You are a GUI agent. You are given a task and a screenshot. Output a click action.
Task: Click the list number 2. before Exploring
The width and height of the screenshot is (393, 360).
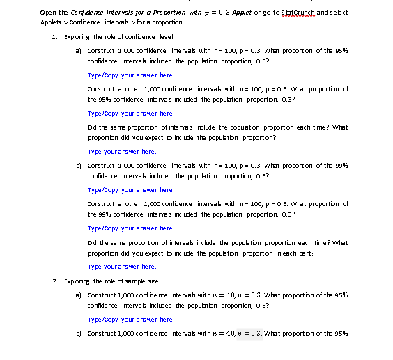55,279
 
